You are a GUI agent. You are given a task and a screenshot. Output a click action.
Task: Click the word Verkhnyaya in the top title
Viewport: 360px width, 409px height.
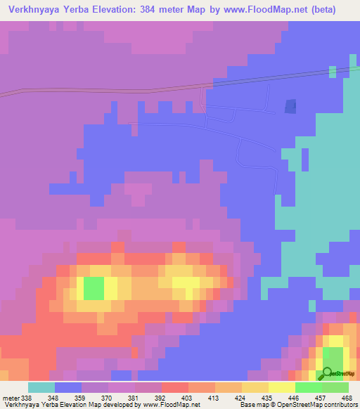point(36,10)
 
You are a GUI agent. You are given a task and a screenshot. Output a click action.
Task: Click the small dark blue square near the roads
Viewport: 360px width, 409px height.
point(290,105)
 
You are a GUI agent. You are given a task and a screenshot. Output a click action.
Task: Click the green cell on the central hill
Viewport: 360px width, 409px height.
point(94,288)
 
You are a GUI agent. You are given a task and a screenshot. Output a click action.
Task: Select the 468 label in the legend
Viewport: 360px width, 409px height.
point(347,398)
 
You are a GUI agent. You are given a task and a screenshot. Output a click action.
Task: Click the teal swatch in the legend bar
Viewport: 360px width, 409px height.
point(41,387)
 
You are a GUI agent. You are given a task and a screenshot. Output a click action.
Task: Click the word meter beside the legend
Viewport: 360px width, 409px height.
point(12,398)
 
